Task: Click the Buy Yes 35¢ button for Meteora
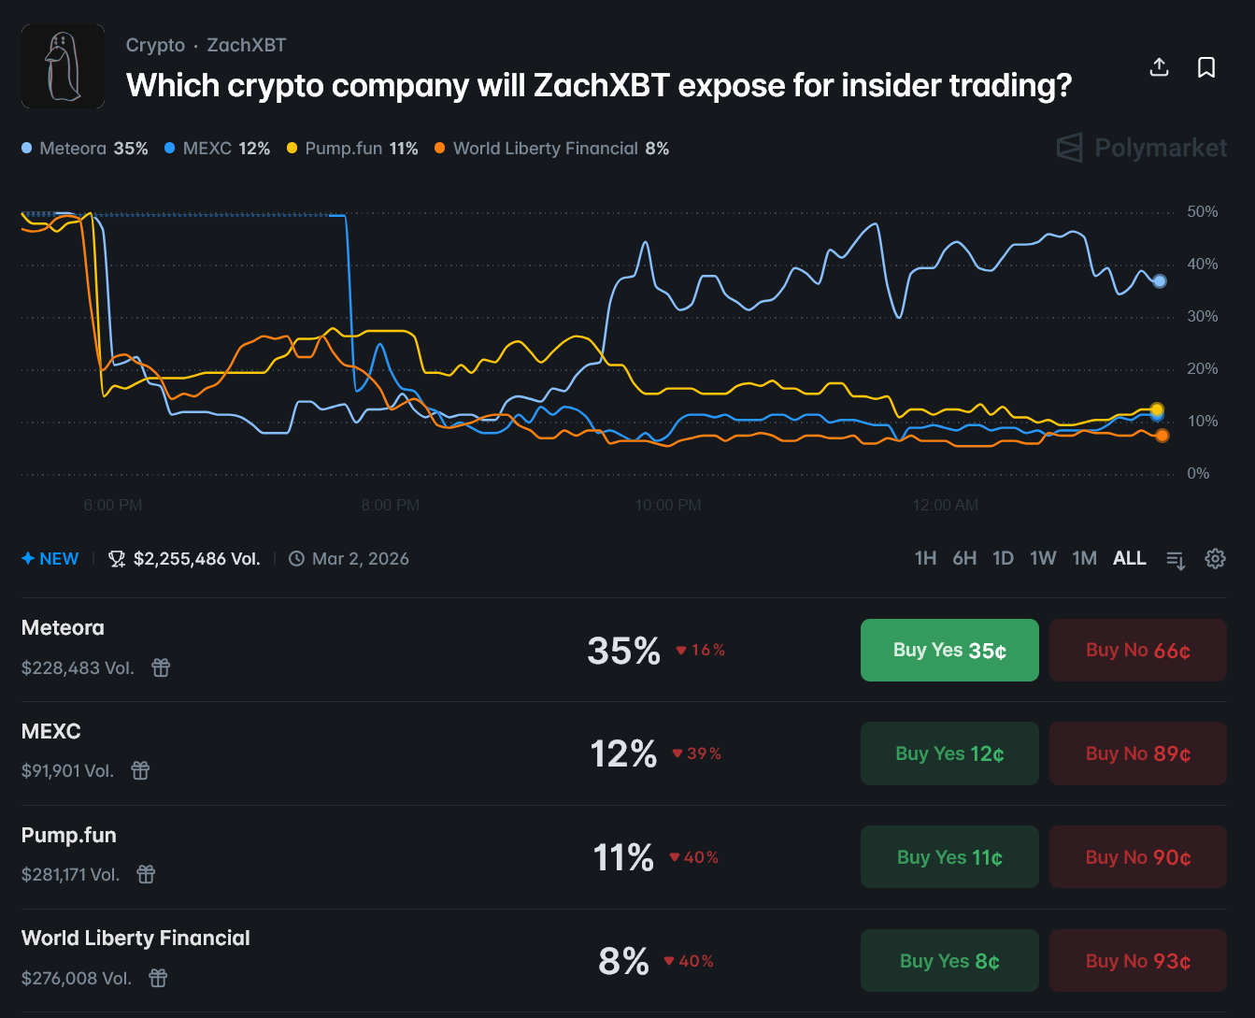[x=949, y=650]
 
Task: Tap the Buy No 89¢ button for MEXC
[x=1137, y=753]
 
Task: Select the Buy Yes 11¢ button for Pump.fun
[x=949, y=857]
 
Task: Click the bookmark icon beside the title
[x=1206, y=67]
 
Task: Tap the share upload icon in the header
[x=1159, y=67]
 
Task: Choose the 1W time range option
[x=1043, y=558]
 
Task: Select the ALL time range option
[x=1129, y=558]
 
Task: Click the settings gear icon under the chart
[x=1215, y=559]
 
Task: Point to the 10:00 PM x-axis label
[x=667, y=505]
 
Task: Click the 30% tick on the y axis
[x=1202, y=317]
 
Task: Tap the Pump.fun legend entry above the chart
[x=352, y=149]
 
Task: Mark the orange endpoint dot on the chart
[x=1162, y=436]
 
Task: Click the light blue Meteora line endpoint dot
[x=1160, y=281]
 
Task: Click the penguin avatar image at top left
[x=63, y=66]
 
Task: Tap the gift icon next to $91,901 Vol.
[x=140, y=770]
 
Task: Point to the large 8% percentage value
[x=623, y=961]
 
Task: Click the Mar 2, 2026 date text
[x=360, y=559]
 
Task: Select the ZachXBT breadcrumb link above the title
[x=247, y=45]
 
